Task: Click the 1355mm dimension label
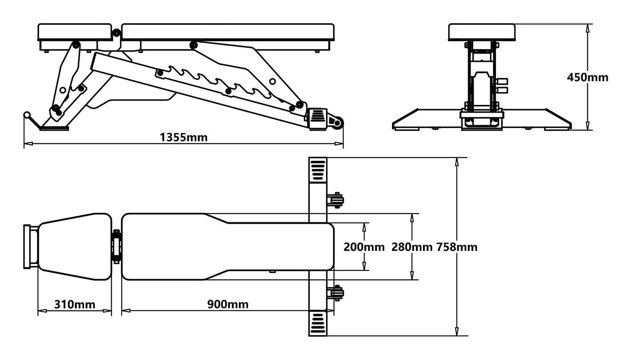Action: click(x=183, y=137)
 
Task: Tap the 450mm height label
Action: click(x=587, y=77)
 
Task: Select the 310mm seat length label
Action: click(x=75, y=304)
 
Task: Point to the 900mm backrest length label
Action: click(x=228, y=304)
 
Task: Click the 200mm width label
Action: click(x=364, y=247)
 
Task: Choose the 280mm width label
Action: click(x=412, y=247)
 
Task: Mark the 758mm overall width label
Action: click(x=457, y=247)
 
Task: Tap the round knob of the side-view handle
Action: click(x=27, y=115)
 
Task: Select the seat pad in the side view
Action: click(x=75, y=32)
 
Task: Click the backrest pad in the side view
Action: click(x=228, y=32)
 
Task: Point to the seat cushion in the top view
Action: click(x=75, y=246)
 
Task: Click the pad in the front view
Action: click(x=482, y=32)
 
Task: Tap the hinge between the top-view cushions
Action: click(x=117, y=246)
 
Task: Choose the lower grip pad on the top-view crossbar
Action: click(x=318, y=323)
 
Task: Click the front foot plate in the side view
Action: click(x=54, y=128)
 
